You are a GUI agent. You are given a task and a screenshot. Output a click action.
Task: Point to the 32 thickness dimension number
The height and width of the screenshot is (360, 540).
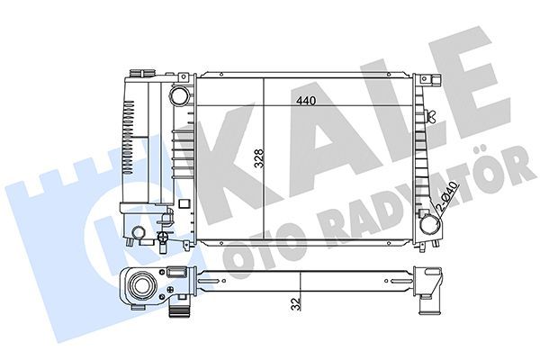[x=294, y=303]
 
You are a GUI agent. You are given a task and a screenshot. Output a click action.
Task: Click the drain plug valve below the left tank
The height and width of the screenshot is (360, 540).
[x=163, y=240]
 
